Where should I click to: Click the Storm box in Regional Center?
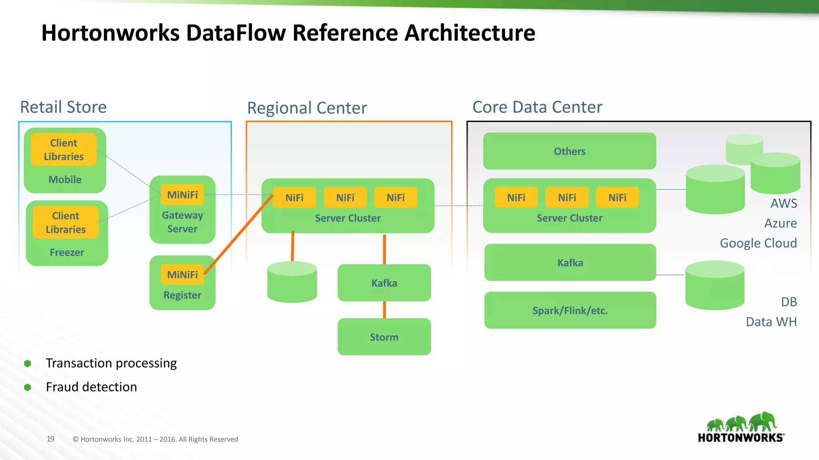point(384,337)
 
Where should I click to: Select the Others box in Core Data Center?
point(569,151)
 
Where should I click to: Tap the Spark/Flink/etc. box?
point(570,310)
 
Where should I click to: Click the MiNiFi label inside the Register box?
point(182,275)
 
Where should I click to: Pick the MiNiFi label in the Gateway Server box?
point(182,195)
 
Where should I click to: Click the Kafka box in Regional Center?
point(384,283)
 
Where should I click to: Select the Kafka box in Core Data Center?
point(570,262)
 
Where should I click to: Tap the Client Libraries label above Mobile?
point(64,150)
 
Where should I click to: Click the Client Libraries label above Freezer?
point(66,222)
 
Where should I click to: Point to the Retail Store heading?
point(63,107)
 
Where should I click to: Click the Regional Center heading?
point(307,108)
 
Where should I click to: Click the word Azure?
point(780,223)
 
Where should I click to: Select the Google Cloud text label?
point(758,243)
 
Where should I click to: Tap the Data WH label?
point(771,322)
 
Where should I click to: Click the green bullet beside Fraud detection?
point(28,387)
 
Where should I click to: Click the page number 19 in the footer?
point(50,439)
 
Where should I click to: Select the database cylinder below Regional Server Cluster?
point(292,282)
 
